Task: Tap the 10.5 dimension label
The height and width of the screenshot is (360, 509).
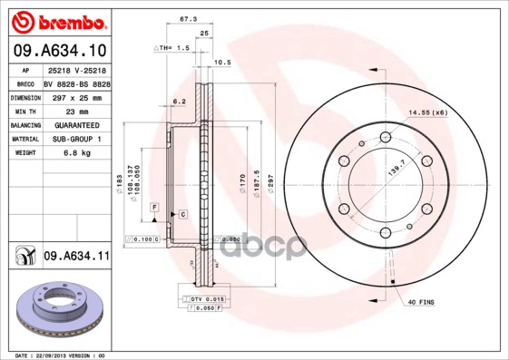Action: pos(221,63)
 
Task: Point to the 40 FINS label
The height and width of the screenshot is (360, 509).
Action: pos(423,301)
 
